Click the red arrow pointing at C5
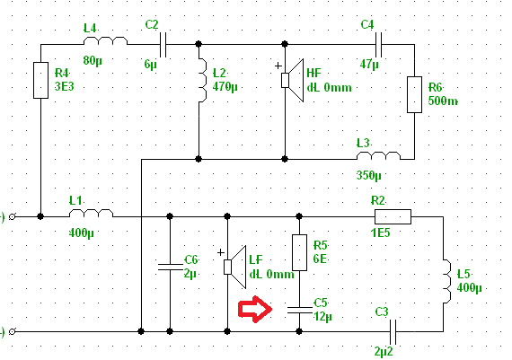tap(255, 309)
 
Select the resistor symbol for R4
tap(40, 80)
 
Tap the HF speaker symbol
tap(292, 80)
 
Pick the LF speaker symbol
tap(234, 267)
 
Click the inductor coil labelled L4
tap(105, 40)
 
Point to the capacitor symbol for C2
tap(163, 44)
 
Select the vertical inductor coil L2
tap(203, 80)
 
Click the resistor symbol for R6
tap(414, 94)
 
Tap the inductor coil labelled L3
tap(378, 155)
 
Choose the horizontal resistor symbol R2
tap(393, 216)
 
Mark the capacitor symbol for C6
tap(170, 267)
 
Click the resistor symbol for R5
tap(299, 252)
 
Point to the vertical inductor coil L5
tap(447, 281)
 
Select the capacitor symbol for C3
tap(393, 332)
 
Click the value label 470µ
tap(225, 87)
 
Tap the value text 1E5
tap(381, 233)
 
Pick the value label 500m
tap(443, 101)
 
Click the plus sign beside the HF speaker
tap(278, 66)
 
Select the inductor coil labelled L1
tap(91, 213)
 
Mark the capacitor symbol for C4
tap(379, 44)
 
